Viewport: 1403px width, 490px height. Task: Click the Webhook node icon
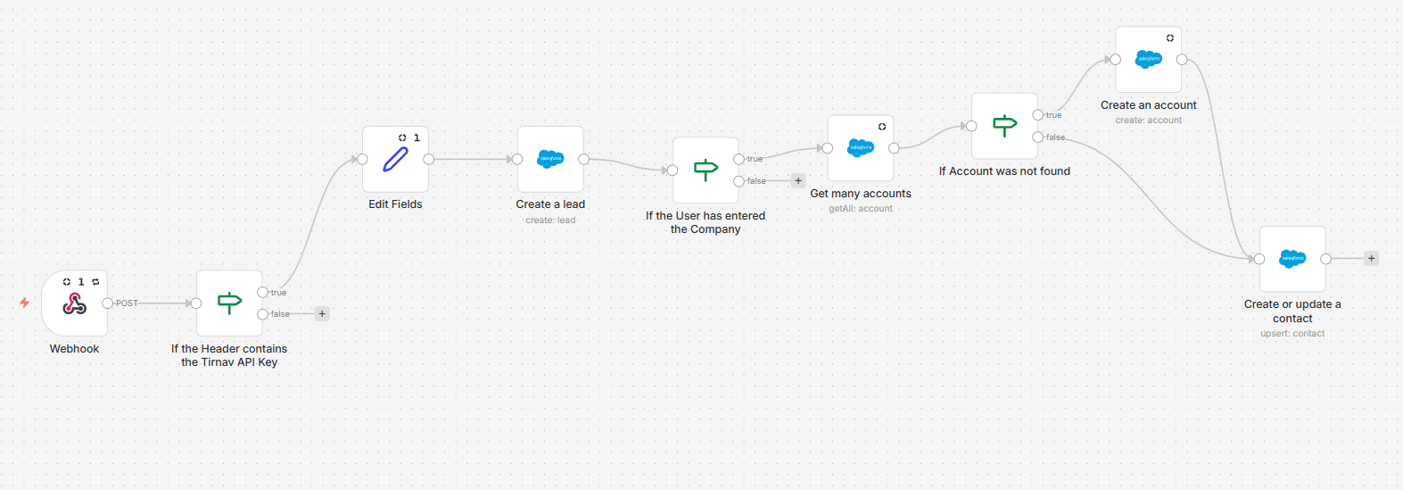tap(75, 305)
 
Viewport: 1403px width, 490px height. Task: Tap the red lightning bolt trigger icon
tap(25, 303)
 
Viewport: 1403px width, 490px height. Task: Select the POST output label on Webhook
tap(127, 303)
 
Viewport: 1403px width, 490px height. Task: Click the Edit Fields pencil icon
tap(395, 160)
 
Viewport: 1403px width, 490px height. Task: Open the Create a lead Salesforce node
tap(550, 160)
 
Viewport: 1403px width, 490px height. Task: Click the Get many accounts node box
tap(861, 148)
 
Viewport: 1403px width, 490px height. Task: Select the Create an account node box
tap(1149, 60)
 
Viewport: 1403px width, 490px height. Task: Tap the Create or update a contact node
tap(1292, 259)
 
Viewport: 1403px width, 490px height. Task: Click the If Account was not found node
tap(1004, 127)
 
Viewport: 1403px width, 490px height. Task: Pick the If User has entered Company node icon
tap(706, 170)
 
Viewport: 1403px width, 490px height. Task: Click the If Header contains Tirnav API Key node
tap(229, 303)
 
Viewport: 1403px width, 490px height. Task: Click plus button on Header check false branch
tap(323, 314)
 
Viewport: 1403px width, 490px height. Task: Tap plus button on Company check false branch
tap(798, 181)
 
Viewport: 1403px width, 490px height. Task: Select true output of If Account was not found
tap(1038, 115)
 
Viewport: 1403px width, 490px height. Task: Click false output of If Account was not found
tap(1038, 137)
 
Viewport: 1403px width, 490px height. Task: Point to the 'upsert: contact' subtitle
tap(1292, 334)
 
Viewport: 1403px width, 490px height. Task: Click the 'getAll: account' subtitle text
tap(861, 209)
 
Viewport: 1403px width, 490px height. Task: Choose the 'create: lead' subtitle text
tap(550, 220)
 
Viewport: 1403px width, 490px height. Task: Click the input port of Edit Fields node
tap(362, 160)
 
